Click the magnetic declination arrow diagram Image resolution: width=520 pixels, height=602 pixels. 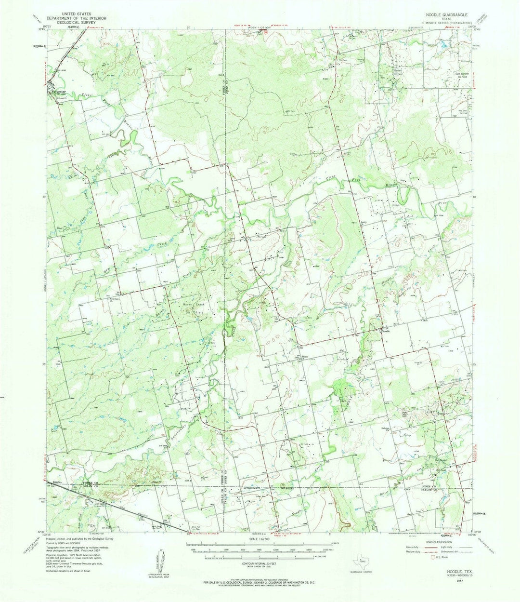click(x=159, y=562)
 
